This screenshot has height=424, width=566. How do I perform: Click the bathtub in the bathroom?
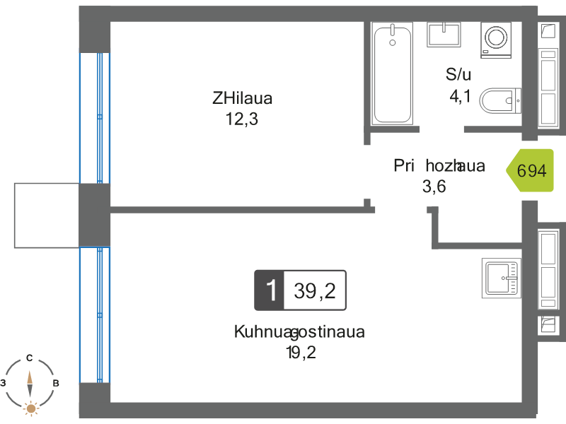pos(391,74)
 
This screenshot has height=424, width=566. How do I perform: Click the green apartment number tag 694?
pos(530,170)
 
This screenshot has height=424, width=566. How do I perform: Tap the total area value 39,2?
pos(314,290)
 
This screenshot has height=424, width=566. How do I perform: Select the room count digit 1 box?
pos(269,290)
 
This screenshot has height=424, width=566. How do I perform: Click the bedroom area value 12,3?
pos(242,119)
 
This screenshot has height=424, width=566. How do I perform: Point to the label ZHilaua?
pos(242,98)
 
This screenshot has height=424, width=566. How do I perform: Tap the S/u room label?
pos(458,74)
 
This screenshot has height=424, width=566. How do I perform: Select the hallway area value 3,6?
pos(434,187)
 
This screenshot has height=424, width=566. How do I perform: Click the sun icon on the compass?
pos(30,408)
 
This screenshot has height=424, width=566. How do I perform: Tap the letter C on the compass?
pos(30,358)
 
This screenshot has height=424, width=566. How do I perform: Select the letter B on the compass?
pos(56,383)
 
